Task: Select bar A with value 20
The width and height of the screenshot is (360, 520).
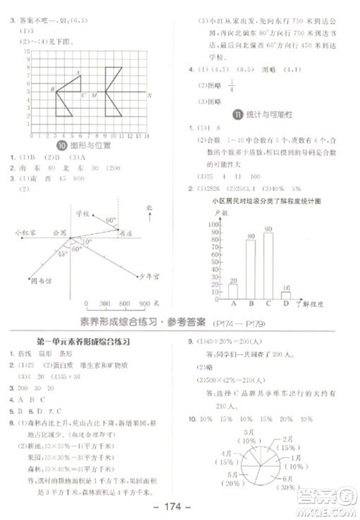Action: pos(233,290)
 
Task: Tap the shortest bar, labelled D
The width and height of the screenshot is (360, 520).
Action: pos(286,295)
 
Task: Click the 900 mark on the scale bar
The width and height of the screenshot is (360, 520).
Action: pos(144,303)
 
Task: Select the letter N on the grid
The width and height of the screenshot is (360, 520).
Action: pos(148,95)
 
